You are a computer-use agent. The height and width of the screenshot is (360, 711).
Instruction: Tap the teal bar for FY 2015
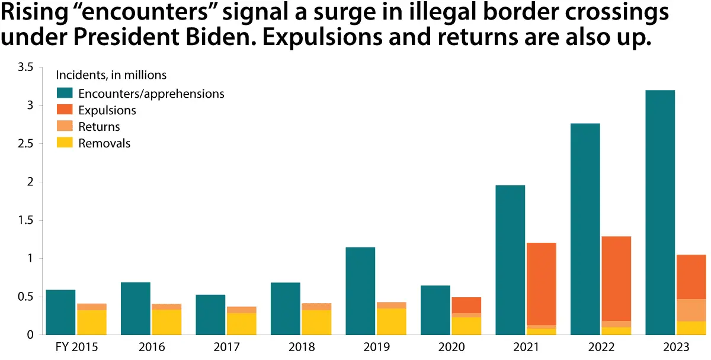[60, 312]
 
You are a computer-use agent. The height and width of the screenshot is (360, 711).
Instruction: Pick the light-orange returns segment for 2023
[690, 310]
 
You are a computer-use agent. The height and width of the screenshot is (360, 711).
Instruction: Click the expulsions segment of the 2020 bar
[466, 305]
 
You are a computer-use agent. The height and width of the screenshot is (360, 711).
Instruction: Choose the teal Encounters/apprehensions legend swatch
[65, 94]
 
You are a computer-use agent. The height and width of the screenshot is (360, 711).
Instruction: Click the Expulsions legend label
[107, 111]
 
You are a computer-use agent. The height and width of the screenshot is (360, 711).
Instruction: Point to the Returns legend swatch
[65, 127]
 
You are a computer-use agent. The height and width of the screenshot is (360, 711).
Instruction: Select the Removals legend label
[104, 143]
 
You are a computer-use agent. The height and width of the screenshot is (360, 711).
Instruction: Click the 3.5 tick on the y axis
[25, 67]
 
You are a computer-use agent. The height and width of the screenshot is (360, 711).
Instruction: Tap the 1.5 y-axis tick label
[25, 220]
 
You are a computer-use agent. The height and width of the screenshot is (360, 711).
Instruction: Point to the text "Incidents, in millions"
[111, 75]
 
